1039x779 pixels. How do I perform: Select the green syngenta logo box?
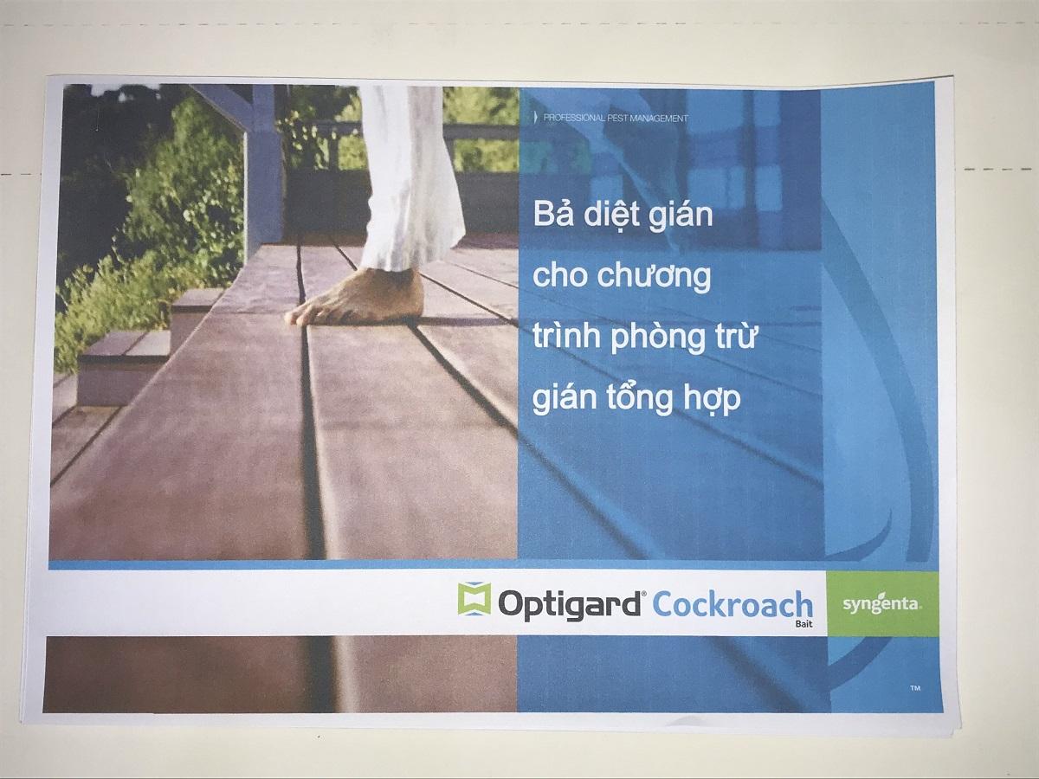pyautogui.click(x=882, y=602)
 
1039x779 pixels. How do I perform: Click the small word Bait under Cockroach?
pyautogui.click(x=803, y=622)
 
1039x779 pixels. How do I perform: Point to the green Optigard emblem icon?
pyautogui.click(x=474, y=600)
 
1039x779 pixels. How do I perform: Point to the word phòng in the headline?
pyautogui.click(x=659, y=339)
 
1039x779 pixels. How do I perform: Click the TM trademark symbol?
pyautogui.click(x=915, y=688)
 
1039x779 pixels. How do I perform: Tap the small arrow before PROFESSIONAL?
pyautogui.click(x=536, y=117)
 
